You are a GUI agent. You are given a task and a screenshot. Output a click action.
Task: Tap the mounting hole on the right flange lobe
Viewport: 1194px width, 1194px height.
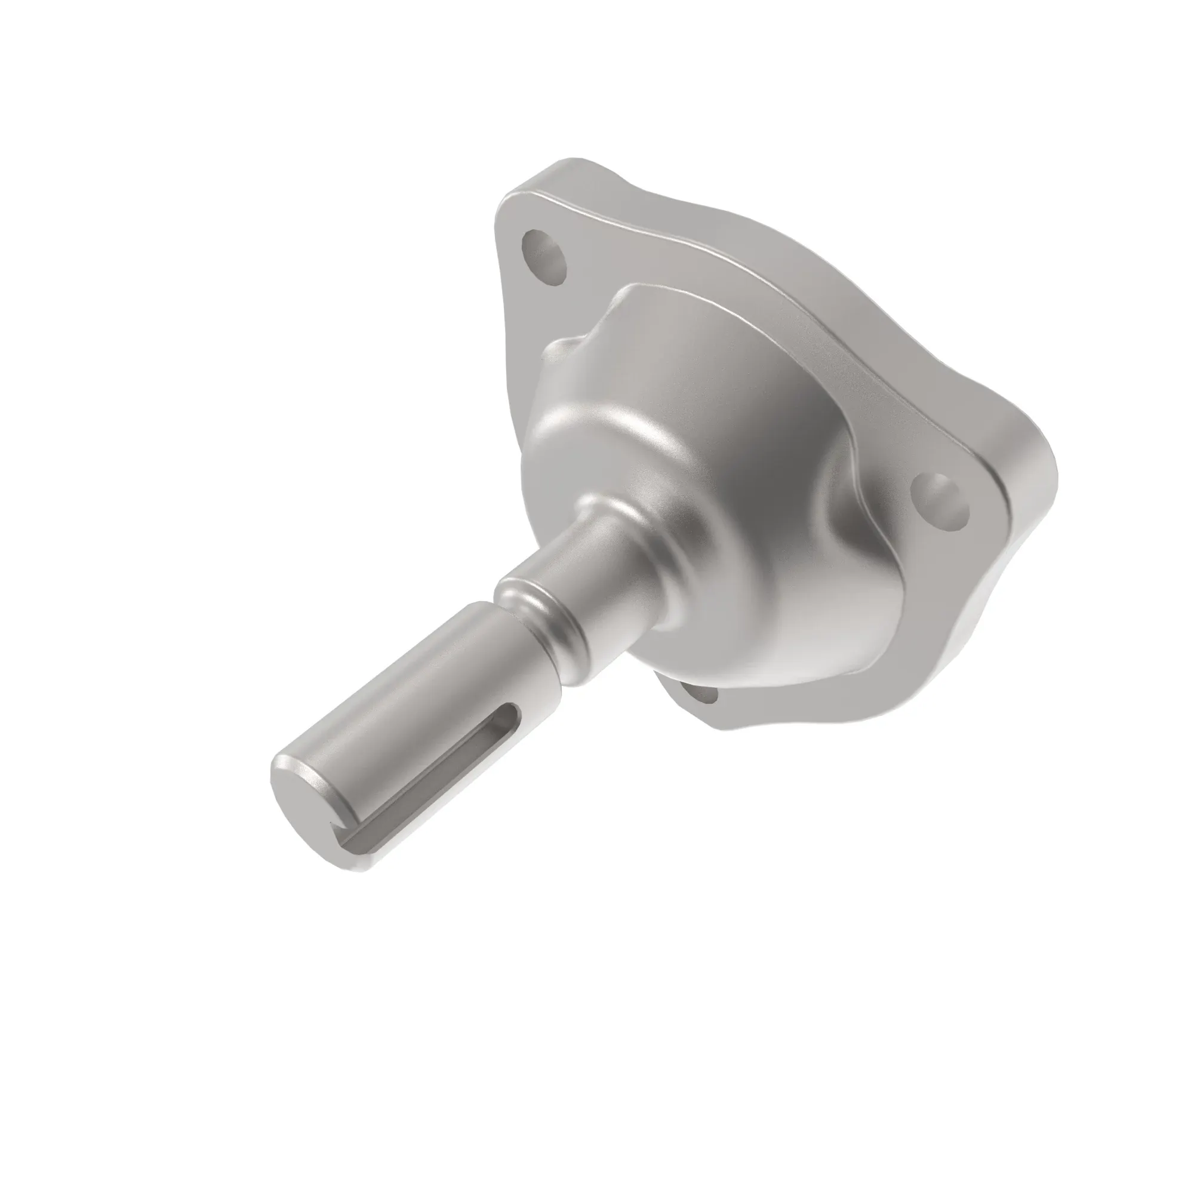tap(941, 500)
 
